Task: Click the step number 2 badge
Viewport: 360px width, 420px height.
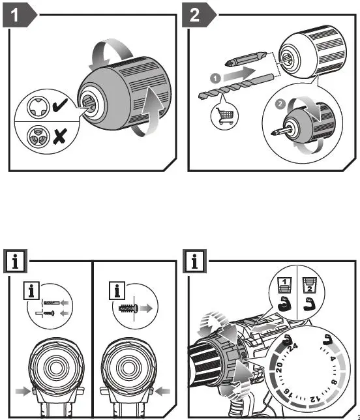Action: [x=198, y=15]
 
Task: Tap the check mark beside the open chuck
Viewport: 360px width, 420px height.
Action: [x=60, y=105]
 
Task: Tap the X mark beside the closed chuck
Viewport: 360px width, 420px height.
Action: [x=59, y=136]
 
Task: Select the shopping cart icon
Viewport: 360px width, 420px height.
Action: [x=225, y=117]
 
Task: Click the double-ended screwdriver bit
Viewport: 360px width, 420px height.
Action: [x=246, y=59]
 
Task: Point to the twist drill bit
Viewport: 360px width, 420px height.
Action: [x=237, y=86]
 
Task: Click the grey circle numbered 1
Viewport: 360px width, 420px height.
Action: [x=215, y=78]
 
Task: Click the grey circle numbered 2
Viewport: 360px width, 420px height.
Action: [x=280, y=104]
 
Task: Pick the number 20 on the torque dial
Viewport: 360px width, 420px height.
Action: [x=279, y=368]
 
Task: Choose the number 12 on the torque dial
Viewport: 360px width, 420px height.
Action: [x=315, y=398]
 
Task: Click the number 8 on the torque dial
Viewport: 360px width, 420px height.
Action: [x=335, y=382]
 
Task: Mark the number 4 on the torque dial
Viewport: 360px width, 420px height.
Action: [x=333, y=359]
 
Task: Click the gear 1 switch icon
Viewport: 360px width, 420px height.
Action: [x=284, y=286]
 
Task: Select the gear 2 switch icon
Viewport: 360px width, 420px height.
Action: [x=310, y=286]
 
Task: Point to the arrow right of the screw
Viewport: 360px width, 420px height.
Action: [x=146, y=308]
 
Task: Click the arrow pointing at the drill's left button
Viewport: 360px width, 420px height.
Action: [x=23, y=391]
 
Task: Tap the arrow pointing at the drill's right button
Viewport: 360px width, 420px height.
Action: [x=162, y=391]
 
